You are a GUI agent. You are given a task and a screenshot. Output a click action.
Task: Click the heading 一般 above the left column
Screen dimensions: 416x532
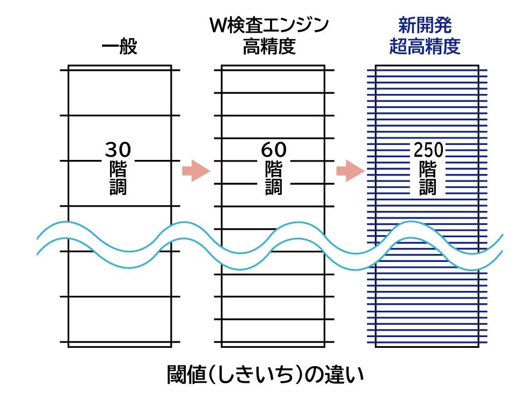[x=119, y=47]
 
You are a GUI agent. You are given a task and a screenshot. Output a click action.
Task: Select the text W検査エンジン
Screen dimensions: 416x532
[x=269, y=25]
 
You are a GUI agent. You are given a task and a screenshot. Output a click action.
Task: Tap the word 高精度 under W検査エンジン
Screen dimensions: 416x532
[x=269, y=47]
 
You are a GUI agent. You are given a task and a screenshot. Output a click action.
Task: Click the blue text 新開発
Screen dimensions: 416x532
[x=425, y=25]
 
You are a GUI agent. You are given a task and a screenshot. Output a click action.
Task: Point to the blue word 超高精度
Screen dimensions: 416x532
[x=425, y=47]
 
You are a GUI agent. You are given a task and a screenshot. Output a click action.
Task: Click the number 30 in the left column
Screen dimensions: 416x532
[x=118, y=149]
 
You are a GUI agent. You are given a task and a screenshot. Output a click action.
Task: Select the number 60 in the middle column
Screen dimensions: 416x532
[x=274, y=149]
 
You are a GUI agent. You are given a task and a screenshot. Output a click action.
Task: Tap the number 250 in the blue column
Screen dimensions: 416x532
[x=428, y=149]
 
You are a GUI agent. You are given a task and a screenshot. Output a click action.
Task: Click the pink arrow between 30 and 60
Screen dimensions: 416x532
[x=195, y=171]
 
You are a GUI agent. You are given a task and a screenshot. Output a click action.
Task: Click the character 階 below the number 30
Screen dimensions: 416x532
[x=118, y=169]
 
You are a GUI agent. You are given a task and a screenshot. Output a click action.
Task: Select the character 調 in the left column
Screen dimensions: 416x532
[x=118, y=186]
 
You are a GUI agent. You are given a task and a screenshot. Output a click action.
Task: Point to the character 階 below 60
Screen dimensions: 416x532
[x=274, y=169]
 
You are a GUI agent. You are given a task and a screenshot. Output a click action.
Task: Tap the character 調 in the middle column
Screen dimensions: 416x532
[x=274, y=186]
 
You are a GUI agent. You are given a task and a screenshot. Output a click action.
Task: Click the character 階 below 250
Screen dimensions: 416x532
[x=428, y=169]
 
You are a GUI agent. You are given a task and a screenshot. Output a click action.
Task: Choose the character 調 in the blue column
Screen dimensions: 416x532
[x=428, y=186]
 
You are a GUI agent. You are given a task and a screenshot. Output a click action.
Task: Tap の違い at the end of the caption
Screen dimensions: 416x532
[x=334, y=375]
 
